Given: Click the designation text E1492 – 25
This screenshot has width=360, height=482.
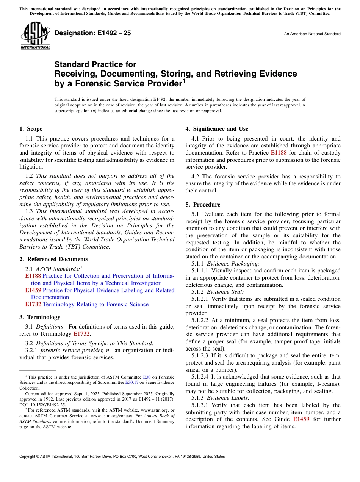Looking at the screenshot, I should [x=93, y=33].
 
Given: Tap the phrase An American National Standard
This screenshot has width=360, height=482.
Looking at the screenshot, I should [x=312, y=34].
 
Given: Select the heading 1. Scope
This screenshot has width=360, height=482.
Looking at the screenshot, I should [x=31, y=129].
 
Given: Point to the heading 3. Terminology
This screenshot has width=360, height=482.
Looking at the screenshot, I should [x=40, y=317].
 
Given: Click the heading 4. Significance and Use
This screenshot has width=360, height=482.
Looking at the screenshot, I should [x=217, y=129].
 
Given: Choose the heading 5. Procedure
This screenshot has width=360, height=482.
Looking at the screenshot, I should [x=203, y=205].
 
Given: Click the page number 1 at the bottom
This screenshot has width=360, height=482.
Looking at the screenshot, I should [x=180, y=466].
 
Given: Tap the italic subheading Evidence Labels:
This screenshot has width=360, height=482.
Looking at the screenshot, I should [x=228, y=398].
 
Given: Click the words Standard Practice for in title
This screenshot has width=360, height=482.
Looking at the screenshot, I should [x=95, y=64].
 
